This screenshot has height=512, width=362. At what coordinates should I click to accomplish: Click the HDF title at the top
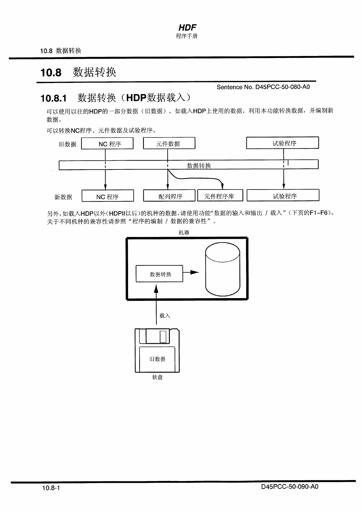point(187,27)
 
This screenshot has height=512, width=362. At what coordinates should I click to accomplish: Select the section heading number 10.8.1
point(53,98)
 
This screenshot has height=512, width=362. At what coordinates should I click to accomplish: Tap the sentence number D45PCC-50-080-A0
point(263,87)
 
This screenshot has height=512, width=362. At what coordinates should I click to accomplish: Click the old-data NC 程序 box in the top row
point(107,143)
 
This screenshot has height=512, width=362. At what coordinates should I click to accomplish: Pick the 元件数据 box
point(169,143)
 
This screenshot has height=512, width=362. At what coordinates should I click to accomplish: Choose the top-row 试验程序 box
point(282,143)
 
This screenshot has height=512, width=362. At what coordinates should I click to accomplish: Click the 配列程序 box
point(169,196)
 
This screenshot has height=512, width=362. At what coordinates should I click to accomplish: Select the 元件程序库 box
point(220,196)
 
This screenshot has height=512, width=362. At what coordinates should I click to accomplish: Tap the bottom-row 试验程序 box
point(283,196)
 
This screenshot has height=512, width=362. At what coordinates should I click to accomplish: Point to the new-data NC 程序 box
point(108,196)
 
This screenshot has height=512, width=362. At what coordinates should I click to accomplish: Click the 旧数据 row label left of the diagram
point(68,144)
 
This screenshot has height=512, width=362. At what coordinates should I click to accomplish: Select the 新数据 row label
point(63,197)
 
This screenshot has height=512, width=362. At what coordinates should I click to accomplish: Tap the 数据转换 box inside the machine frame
point(159,274)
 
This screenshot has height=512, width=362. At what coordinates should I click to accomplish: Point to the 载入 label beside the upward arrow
point(165,315)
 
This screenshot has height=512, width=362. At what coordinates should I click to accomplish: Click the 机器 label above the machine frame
point(184,232)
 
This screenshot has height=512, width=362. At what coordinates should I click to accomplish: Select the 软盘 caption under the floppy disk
point(157,377)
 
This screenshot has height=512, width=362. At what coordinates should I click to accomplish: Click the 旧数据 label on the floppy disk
point(157,359)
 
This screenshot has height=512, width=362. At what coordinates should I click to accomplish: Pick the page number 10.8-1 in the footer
point(51,488)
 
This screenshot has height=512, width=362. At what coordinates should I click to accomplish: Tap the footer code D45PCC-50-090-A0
point(289,486)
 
